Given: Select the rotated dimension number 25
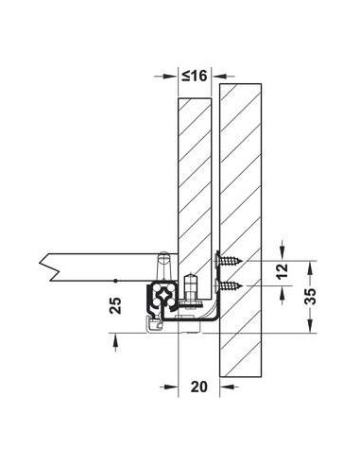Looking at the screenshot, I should click(x=113, y=305).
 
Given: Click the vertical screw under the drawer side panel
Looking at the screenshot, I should click(x=193, y=289).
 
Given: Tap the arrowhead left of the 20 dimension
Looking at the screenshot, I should click(x=171, y=387).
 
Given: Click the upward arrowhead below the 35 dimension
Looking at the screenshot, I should click(x=309, y=338).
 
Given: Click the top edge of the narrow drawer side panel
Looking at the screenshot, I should click(x=194, y=99).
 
